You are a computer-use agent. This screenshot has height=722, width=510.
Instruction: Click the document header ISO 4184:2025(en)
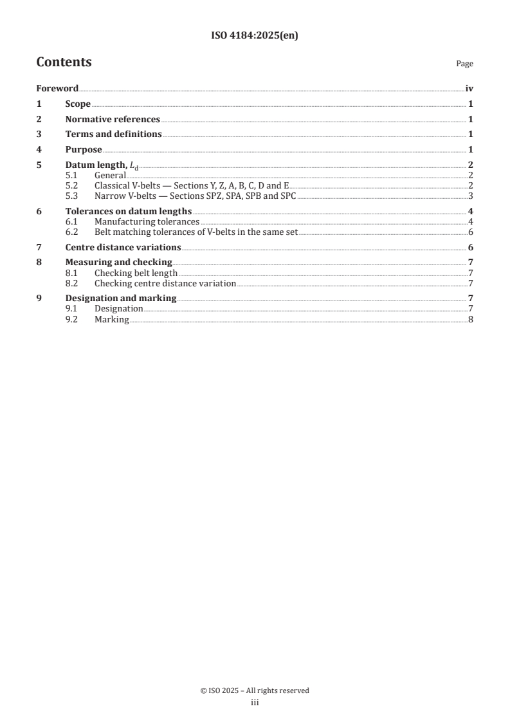coord(255,36)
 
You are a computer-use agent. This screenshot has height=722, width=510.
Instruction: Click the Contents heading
coord(64,62)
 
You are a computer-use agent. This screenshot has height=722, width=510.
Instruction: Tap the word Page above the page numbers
coord(464,64)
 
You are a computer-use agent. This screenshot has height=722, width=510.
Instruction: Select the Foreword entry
coord(57,89)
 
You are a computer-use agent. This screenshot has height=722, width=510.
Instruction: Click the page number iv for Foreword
coord(469,89)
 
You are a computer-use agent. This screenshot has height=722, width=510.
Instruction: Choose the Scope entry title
coord(78,104)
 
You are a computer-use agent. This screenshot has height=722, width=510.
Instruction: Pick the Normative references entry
coord(113,119)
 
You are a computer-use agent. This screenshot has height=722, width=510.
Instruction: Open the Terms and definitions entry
coord(113,134)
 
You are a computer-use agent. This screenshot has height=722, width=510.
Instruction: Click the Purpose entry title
coord(84,150)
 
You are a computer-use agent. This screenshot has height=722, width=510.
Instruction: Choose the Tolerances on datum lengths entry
coord(129,212)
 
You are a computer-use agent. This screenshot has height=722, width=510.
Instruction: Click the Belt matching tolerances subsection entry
coord(196,232)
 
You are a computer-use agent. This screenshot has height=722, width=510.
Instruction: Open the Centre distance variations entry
coord(123,247)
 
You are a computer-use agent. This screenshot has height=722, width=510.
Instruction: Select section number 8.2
coord(73,283)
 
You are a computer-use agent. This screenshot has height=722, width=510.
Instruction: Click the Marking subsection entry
coord(112,319)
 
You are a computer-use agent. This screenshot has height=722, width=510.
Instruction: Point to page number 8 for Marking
coord(471,319)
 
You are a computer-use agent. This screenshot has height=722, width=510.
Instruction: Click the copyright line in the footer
coord(255,690)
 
